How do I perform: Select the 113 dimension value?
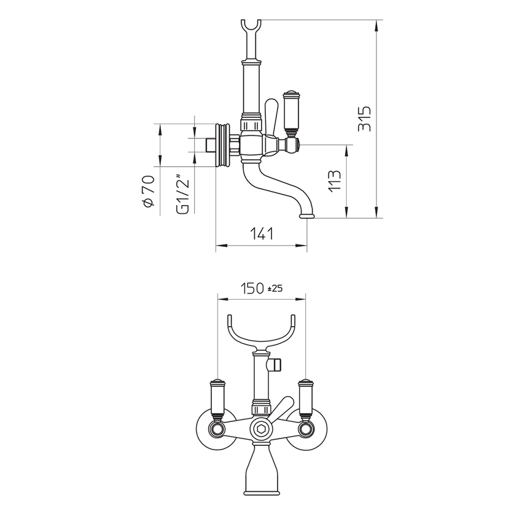click(335, 181)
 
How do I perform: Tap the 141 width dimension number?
click(262, 233)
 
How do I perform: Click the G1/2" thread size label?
click(182, 195)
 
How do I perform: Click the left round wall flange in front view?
click(212, 429)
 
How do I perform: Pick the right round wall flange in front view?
click(311, 429)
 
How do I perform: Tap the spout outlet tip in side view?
click(306, 216)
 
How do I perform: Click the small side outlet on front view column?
click(276, 365)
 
